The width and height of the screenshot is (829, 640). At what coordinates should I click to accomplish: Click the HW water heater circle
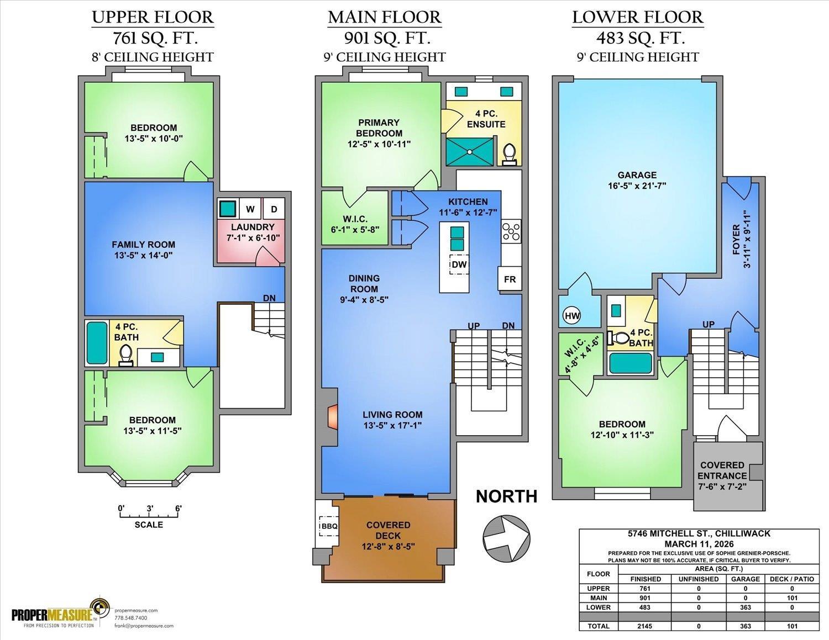click(x=573, y=316)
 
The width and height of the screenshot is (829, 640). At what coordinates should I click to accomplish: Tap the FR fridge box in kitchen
click(x=510, y=279)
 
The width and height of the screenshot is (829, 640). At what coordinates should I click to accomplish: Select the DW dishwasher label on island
click(x=459, y=265)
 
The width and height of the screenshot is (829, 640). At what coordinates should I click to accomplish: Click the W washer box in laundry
click(x=250, y=209)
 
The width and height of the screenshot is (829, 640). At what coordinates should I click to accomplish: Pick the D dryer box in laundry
click(x=274, y=209)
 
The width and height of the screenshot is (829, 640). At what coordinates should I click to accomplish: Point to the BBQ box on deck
click(x=329, y=526)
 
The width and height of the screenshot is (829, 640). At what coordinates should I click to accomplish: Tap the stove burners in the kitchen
click(x=511, y=231)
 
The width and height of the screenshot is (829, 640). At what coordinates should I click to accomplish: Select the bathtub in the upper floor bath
click(x=97, y=342)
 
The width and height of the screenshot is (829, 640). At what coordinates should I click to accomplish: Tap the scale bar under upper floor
click(x=149, y=515)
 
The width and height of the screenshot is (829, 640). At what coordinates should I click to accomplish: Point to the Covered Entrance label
click(x=722, y=470)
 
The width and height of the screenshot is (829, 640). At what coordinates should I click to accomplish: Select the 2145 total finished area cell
click(x=645, y=626)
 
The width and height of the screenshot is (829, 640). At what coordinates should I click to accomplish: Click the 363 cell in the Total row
click(x=745, y=626)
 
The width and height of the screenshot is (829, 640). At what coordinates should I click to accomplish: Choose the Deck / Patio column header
click(x=791, y=579)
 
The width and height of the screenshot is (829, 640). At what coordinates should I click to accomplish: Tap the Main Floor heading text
click(x=385, y=17)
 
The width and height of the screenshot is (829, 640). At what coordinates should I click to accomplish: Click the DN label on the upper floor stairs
click(x=269, y=298)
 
